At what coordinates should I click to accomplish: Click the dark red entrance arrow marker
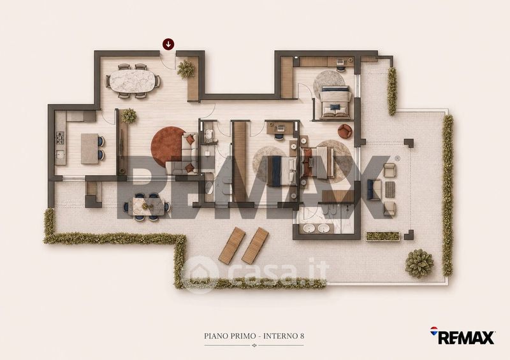(x=168, y=43)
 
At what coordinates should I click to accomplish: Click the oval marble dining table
(x=132, y=81)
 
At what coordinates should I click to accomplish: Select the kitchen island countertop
(x=89, y=148)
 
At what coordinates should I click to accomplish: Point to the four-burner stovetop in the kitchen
(x=60, y=138)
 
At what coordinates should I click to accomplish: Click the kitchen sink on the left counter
(x=60, y=154)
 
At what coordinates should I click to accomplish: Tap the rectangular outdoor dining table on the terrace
(x=147, y=206)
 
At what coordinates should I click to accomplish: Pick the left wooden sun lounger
(x=231, y=245)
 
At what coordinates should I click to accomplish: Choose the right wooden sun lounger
(x=256, y=245)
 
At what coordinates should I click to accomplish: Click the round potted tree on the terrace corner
(x=419, y=263)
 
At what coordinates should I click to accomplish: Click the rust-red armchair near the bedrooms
(x=345, y=131)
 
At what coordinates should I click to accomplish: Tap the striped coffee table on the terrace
(x=390, y=189)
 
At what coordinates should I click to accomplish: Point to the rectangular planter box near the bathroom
(x=382, y=236)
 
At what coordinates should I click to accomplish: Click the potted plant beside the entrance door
(x=186, y=69)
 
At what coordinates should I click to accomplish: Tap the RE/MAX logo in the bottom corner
(x=463, y=336)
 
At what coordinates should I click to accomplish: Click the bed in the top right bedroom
(x=335, y=102)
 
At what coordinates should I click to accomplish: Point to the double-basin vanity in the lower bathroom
(x=317, y=229)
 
